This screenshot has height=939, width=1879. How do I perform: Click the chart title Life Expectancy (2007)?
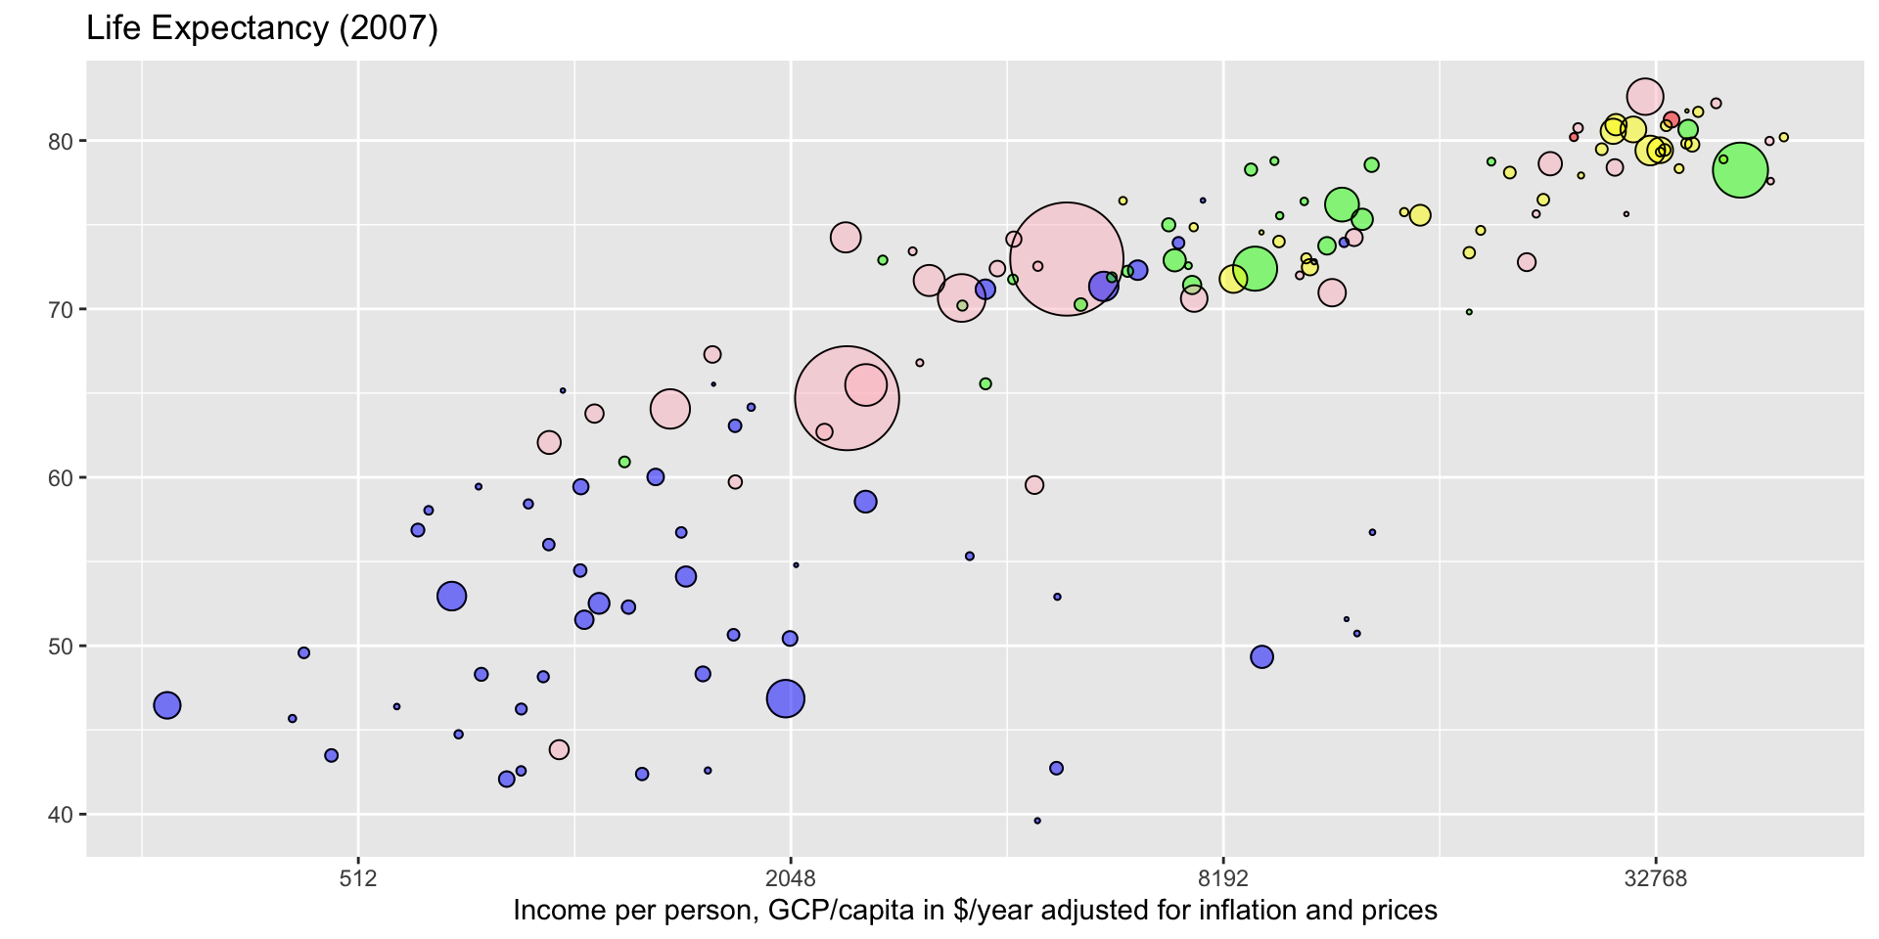click(x=261, y=28)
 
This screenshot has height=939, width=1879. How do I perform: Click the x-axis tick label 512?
click(x=358, y=877)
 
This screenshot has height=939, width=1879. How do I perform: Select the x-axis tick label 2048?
click(x=791, y=877)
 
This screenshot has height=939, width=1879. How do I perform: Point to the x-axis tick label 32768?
click(x=1656, y=877)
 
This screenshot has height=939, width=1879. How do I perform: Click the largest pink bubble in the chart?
click(x=1067, y=259)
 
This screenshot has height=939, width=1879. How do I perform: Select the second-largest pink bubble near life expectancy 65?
click(x=848, y=398)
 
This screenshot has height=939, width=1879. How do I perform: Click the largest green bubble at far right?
click(x=1740, y=171)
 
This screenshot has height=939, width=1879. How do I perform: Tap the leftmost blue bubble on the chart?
click(x=167, y=705)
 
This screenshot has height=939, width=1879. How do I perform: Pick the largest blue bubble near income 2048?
click(x=786, y=698)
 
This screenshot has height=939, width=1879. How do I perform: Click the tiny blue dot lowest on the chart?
click(x=1037, y=821)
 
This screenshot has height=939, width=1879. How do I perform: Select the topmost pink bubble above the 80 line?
click(x=1645, y=96)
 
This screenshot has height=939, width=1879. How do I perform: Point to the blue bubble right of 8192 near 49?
click(x=1262, y=657)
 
